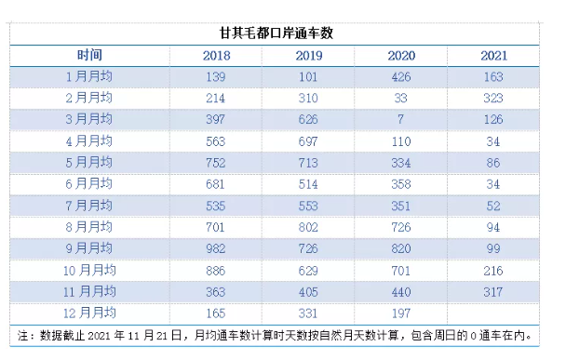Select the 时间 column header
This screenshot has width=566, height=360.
tap(90, 55)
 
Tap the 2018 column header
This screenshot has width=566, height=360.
tap(216, 56)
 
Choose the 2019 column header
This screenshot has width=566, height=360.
tap(308, 56)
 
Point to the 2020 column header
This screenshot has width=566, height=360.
tap(401, 56)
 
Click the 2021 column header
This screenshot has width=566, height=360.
tap(493, 56)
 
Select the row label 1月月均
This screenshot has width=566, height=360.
tap(90, 76)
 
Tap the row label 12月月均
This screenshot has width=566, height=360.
tap(90, 313)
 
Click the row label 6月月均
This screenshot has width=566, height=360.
tap(90, 184)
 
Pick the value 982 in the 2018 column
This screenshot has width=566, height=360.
tap(216, 248)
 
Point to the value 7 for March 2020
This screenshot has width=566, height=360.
tap(401, 119)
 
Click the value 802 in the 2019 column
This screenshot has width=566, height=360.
tap(308, 227)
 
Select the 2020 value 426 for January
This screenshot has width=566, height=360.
tap(401, 76)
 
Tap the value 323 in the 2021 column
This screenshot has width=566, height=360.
tap(493, 98)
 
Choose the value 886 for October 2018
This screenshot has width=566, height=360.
tap(216, 270)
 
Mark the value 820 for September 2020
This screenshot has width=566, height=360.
tap(401, 248)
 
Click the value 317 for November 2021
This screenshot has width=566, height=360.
tap(493, 291)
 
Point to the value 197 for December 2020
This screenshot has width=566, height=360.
tap(401, 313)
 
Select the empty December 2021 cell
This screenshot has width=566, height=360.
tap(493, 313)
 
